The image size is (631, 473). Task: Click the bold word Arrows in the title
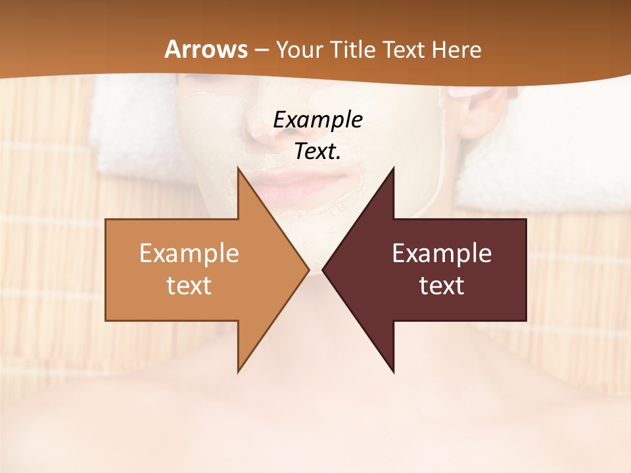[205, 49]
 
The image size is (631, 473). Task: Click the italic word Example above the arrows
[317, 120]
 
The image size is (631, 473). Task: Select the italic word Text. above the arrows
[317, 151]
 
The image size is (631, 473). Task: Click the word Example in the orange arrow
[189, 253]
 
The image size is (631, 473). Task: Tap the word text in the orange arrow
[189, 285]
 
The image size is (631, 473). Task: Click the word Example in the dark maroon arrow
[442, 253]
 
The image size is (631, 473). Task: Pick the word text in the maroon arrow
[442, 285]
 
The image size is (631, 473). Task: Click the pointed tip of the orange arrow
[308, 270]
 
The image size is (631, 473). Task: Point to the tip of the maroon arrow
[324, 270]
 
